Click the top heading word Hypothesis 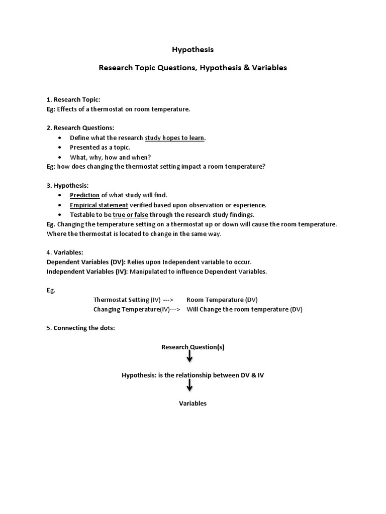point(192,50)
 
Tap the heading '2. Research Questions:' point(80,127)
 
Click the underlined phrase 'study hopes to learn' point(175,138)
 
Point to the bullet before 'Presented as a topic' point(60,148)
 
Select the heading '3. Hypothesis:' point(67,186)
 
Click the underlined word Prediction point(84,195)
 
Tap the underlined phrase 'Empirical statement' point(99,205)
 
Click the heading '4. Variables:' point(65,252)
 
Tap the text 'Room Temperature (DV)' point(222,300)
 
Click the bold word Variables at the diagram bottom point(193,404)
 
